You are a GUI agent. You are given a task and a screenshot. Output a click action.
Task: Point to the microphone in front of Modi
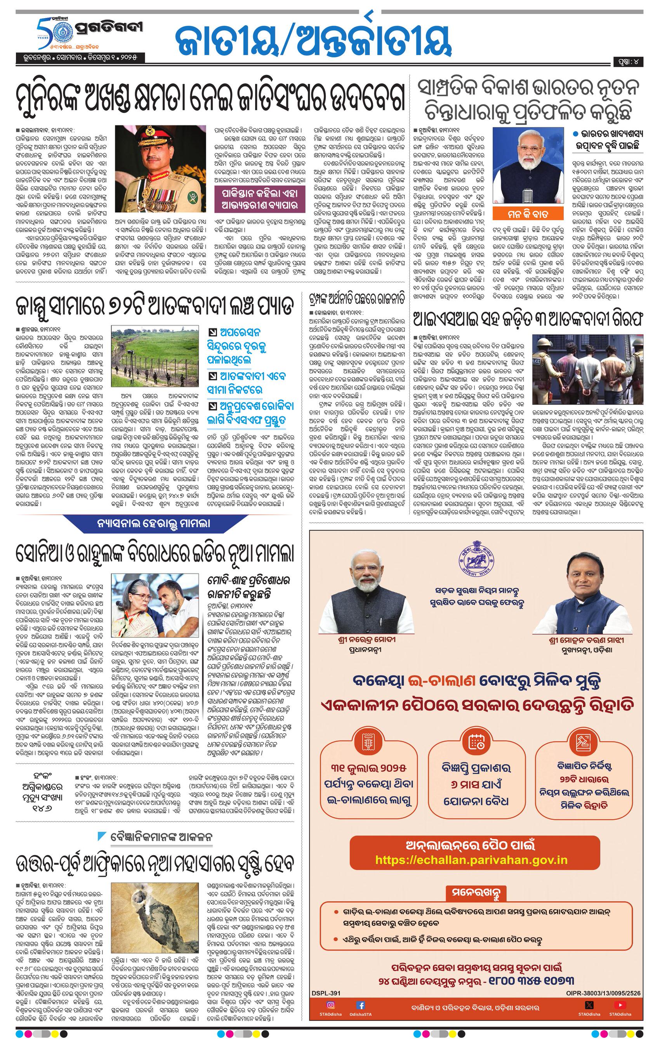(529, 191)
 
